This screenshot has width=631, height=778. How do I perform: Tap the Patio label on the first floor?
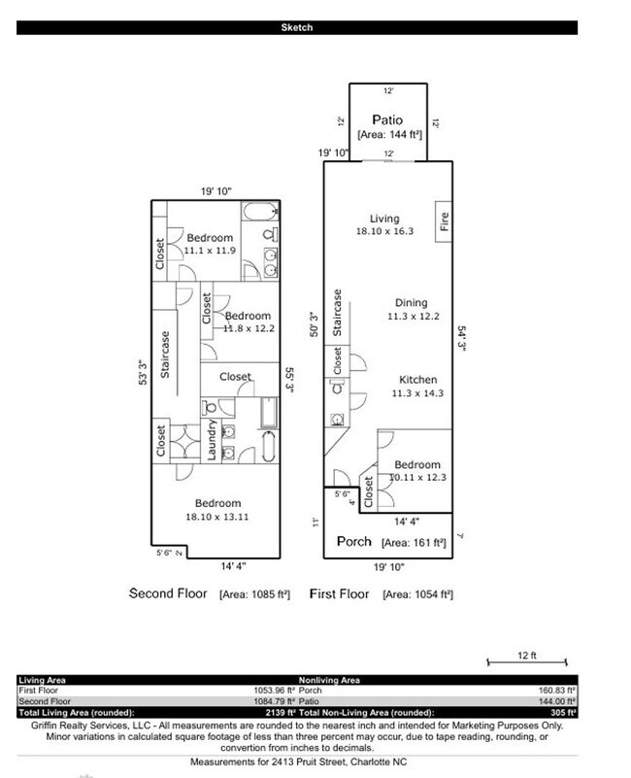pos(387,120)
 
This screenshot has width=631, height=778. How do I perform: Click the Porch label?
pos(354,541)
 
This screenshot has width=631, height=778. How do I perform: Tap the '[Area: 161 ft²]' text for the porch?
pos(415,542)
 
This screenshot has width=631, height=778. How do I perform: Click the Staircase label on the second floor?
pos(166,355)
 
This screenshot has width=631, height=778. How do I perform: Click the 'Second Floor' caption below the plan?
pos(168,592)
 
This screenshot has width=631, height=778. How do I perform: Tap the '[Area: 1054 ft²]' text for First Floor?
pos(420,593)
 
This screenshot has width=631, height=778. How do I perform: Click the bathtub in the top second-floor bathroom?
pos(260,213)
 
